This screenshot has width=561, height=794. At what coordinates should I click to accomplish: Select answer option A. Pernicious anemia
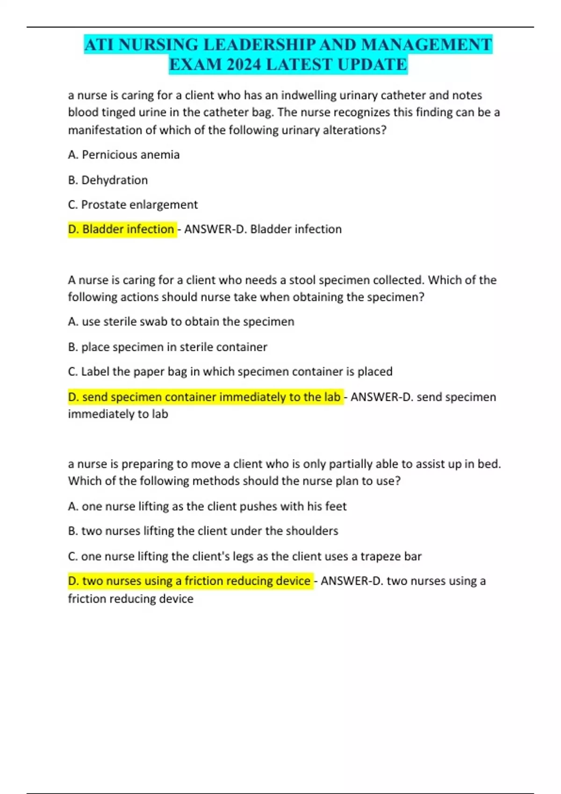(x=124, y=155)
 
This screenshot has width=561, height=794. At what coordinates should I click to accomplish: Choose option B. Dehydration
(x=108, y=180)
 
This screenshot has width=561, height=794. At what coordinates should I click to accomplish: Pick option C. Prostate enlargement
(x=133, y=205)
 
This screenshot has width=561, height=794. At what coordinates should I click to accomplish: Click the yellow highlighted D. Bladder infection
(x=122, y=229)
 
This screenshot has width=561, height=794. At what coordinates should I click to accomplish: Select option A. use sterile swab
(x=181, y=322)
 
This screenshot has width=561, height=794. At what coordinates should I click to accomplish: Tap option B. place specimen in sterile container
(x=167, y=347)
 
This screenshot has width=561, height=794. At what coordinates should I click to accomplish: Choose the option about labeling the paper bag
(x=230, y=372)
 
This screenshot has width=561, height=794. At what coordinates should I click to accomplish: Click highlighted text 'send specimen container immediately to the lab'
(x=205, y=397)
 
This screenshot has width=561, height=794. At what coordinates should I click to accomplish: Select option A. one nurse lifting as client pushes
(x=207, y=506)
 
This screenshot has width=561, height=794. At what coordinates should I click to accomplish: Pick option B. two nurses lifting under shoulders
(x=203, y=531)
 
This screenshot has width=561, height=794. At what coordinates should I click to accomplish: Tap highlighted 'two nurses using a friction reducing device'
(x=190, y=581)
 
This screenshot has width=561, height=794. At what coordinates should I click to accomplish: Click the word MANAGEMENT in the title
(x=426, y=45)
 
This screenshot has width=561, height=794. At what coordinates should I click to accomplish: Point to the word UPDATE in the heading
(x=372, y=64)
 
